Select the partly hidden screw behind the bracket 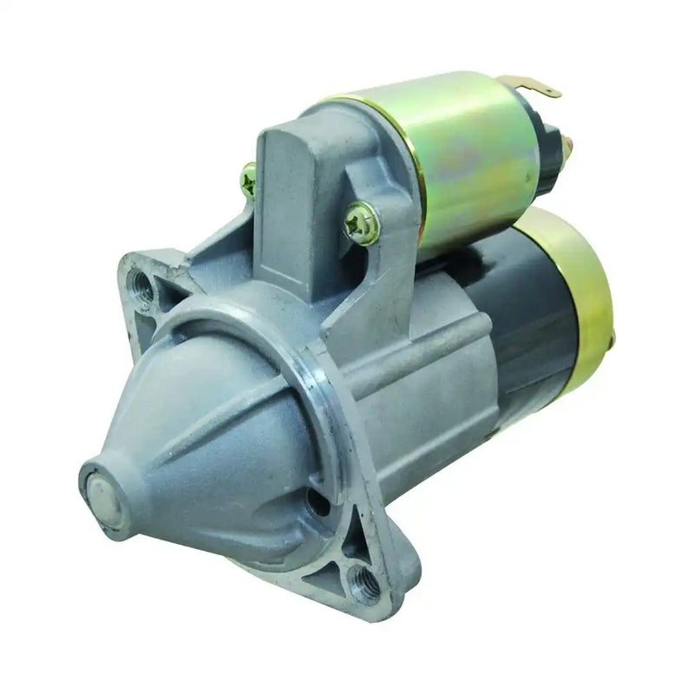coord(249,180)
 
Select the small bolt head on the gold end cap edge coord(610,344)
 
